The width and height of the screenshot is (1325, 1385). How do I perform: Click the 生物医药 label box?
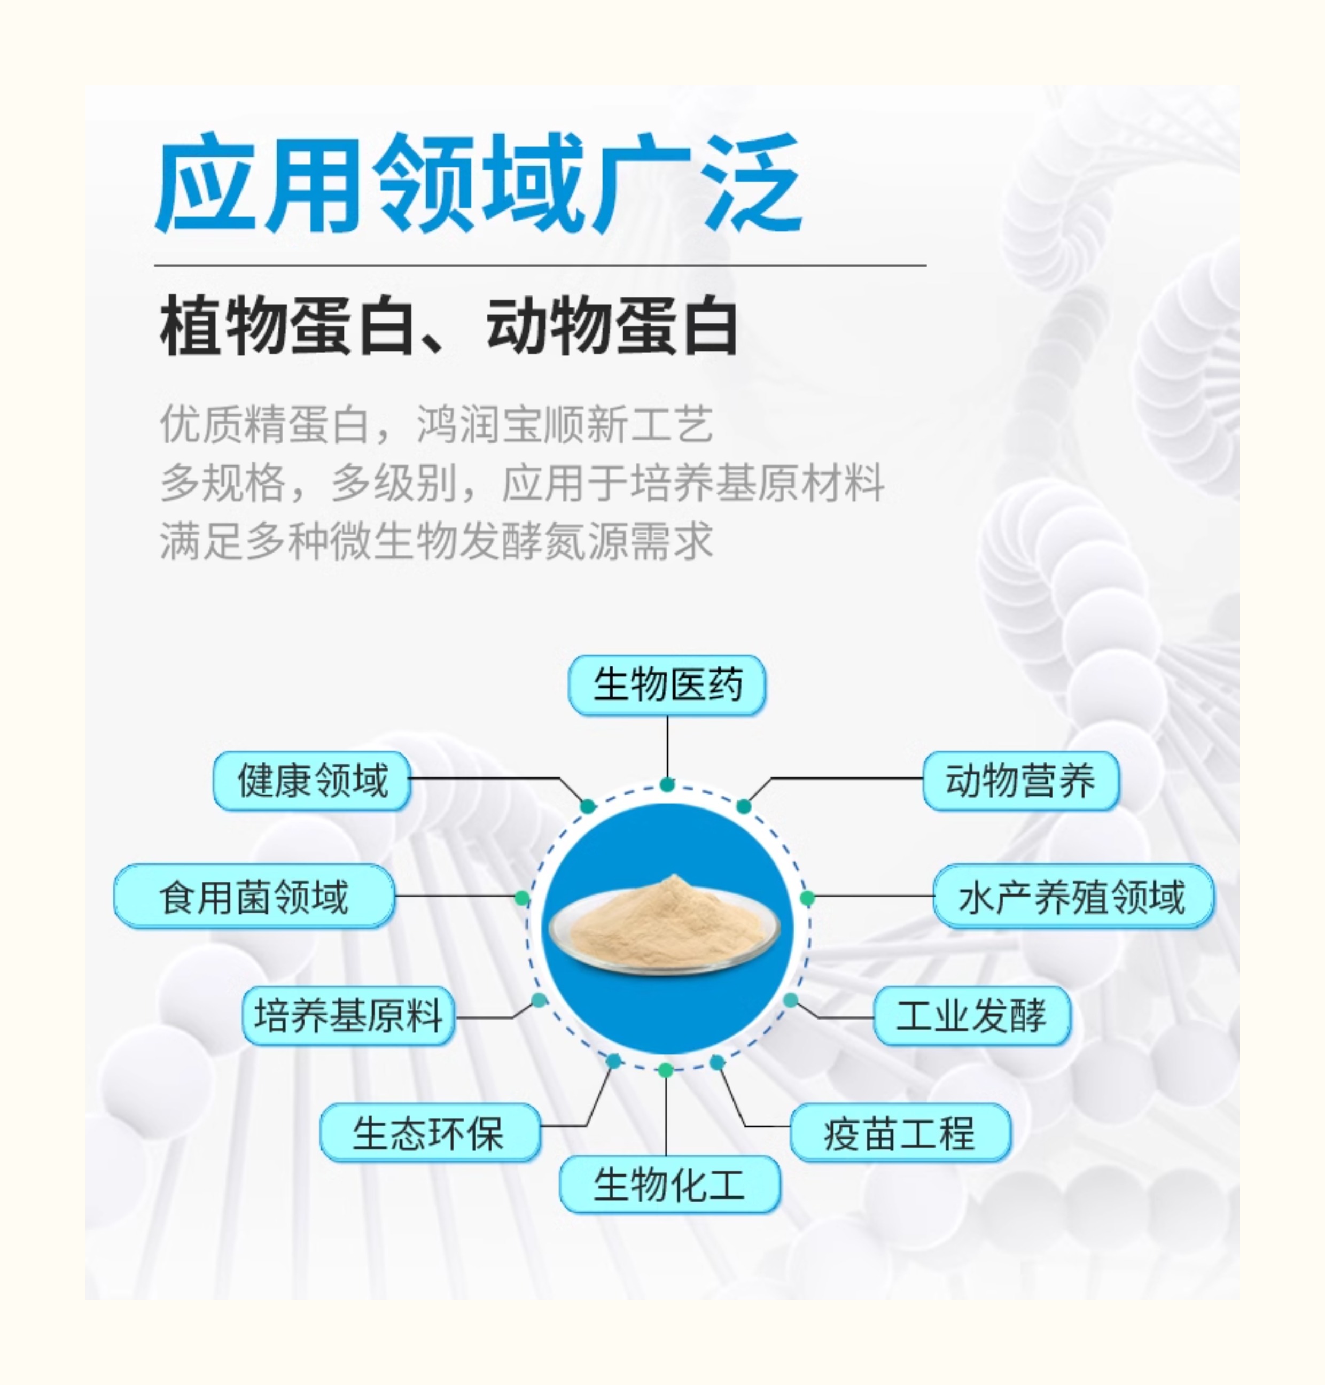667,684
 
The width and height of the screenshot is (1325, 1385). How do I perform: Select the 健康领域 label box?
312,781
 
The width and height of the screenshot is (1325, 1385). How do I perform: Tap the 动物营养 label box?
1020,781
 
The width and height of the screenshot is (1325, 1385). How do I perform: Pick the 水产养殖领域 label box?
1073,896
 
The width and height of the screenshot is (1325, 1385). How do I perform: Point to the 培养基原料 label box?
347,1016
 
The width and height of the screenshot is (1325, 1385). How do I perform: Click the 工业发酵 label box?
972,1016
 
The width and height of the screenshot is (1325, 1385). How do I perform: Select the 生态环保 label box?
428,1132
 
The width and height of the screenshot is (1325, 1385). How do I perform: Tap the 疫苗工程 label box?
900,1132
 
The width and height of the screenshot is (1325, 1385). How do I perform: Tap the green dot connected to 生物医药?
667,784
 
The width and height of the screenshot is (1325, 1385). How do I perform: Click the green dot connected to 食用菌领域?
522,898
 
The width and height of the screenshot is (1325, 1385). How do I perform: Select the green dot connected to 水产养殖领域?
807,898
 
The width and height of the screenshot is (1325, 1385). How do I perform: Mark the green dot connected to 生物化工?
665,1070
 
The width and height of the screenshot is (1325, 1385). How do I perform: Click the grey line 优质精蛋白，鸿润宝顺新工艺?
437,424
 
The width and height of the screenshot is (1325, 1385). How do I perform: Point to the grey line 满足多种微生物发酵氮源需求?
437,541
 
